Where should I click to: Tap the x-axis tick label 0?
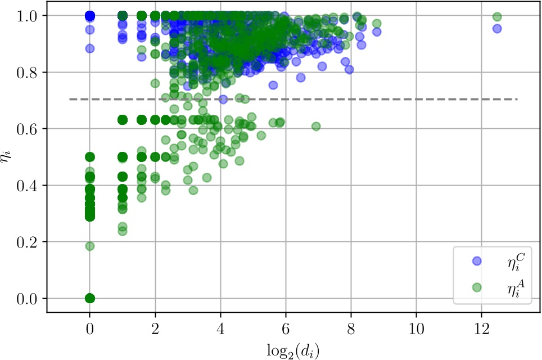click(x=89, y=325)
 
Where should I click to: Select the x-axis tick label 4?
click(x=220, y=325)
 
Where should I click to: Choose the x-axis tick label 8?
click(x=351, y=325)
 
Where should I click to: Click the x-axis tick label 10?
click(x=416, y=325)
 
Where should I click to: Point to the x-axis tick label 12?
click(x=481, y=325)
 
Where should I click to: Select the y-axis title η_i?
click(x=10, y=156)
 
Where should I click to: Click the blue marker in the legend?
click(x=476, y=260)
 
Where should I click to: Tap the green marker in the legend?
click(x=476, y=287)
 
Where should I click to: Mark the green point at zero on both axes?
click(x=89, y=298)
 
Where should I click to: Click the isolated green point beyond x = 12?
click(x=496, y=17)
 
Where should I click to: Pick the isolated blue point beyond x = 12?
click(x=496, y=29)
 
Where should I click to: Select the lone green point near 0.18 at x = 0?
click(x=89, y=246)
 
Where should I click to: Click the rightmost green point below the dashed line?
click(x=316, y=126)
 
